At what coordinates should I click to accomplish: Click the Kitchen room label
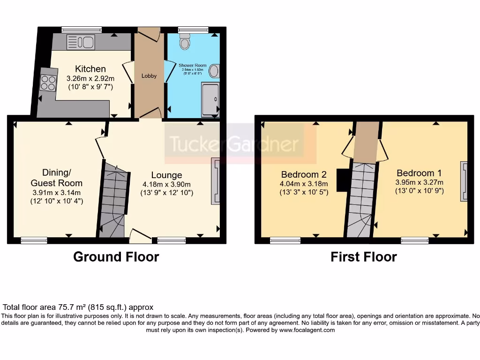(90, 69)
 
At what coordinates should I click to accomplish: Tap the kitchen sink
(81, 42)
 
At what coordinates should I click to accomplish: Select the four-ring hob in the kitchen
(48, 83)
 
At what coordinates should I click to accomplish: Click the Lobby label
(149, 76)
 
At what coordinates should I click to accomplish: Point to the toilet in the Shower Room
(185, 42)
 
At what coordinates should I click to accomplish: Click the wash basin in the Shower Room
(214, 71)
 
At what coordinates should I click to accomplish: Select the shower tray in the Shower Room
(210, 99)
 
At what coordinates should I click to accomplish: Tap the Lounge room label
(166, 175)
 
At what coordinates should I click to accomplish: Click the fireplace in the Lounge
(216, 181)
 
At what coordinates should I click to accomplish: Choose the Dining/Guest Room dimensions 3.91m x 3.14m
(57, 192)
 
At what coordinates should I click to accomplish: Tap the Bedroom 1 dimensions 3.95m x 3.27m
(420, 182)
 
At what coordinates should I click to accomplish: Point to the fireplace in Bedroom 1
(464, 181)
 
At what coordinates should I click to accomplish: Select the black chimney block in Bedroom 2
(344, 180)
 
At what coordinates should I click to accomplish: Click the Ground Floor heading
(116, 257)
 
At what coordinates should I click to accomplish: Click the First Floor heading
(363, 257)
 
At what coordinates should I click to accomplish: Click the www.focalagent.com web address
(307, 330)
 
